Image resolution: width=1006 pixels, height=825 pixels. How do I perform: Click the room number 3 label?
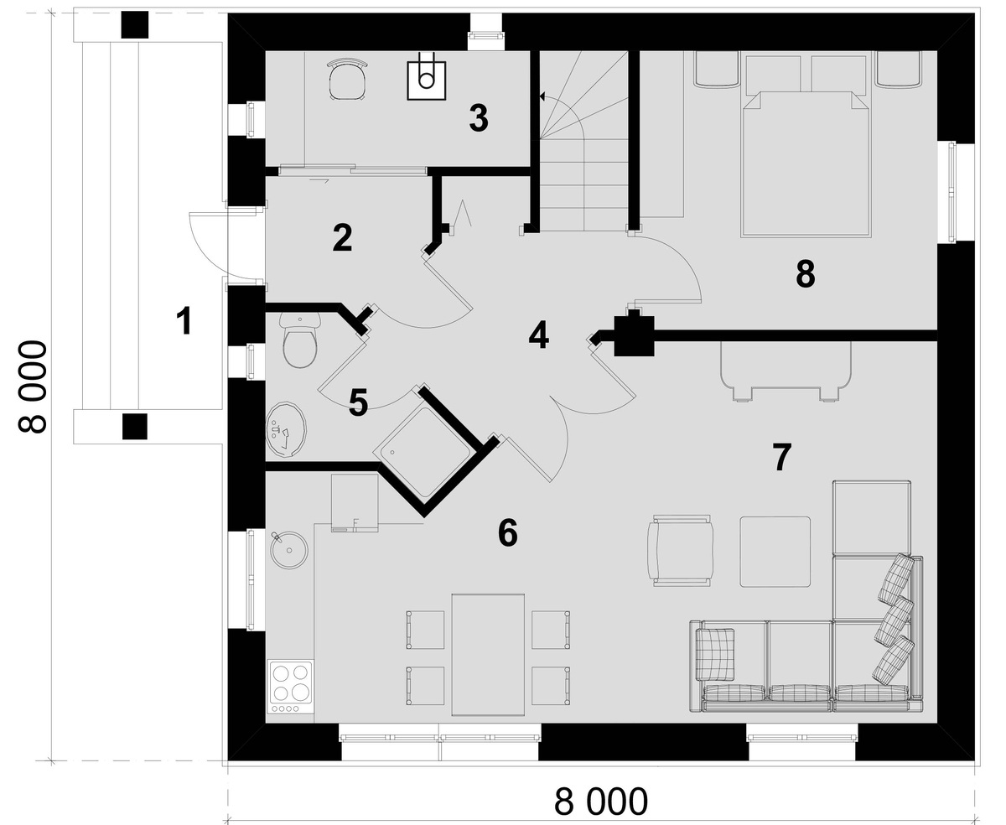[x=479, y=118]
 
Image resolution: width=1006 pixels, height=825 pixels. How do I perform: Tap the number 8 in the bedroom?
[x=805, y=274]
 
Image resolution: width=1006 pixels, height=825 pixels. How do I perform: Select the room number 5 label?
[x=358, y=402]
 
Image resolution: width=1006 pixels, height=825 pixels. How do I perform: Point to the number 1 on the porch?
[x=184, y=320]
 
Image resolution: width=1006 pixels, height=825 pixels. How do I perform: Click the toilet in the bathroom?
[x=299, y=340]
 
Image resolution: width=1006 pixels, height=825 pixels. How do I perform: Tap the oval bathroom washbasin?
[x=286, y=430]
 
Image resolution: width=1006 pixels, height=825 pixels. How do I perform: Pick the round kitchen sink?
[x=289, y=551]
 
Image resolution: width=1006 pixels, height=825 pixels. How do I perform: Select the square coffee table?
[x=775, y=552]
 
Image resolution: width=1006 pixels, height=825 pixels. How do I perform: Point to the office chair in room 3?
[x=348, y=79]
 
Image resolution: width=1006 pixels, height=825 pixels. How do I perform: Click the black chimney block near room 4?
[x=634, y=334]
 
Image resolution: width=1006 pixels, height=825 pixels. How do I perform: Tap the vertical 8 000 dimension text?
[x=33, y=387]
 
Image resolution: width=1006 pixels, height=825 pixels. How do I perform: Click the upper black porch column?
[x=134, y=25]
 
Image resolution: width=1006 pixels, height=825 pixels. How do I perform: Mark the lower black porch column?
[x=134, y=426]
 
